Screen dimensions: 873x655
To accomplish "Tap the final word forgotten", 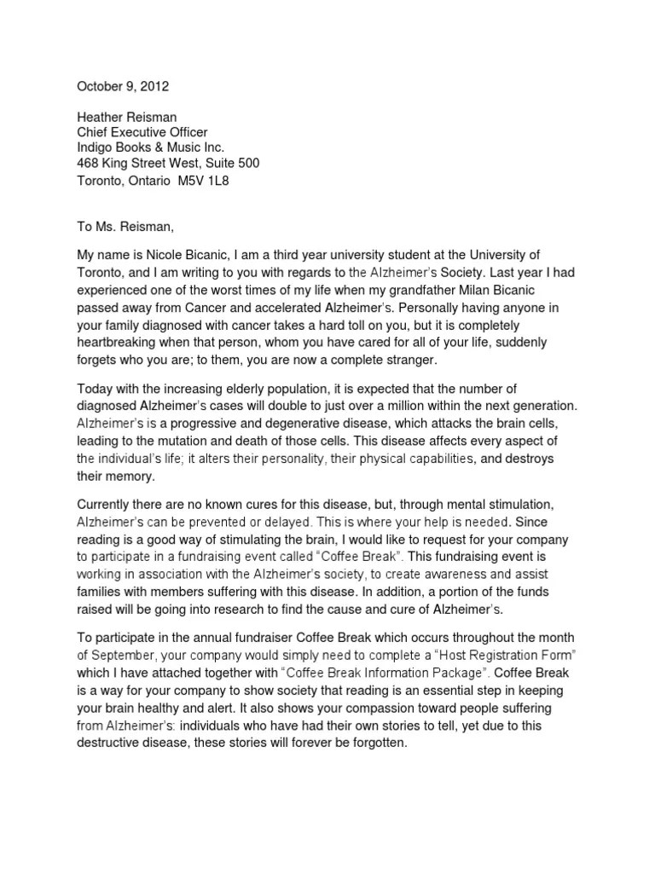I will tap(374, 743).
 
